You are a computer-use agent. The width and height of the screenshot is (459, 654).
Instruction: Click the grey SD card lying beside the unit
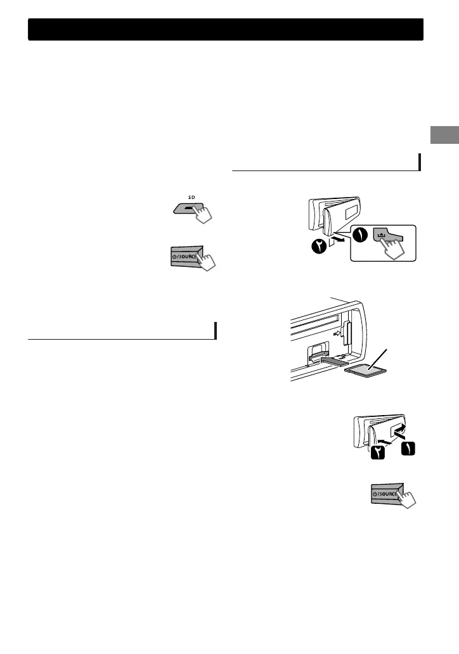[x=367, y=369]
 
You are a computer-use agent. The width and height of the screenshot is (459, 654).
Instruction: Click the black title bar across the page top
[x=226, y=30]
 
